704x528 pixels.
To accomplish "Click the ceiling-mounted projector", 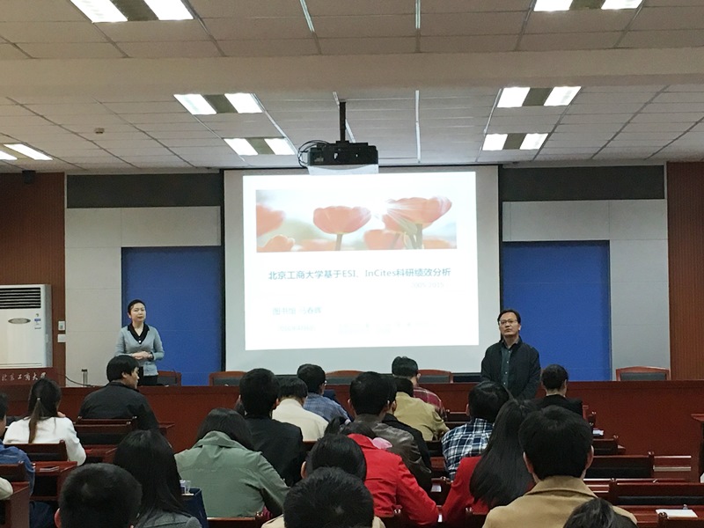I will click(x=342, y=156).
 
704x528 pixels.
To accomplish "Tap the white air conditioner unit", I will click(x=24, y=326).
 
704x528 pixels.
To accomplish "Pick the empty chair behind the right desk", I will click(x=642, y=373).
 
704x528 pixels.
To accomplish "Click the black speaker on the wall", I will click(x=29, y=177).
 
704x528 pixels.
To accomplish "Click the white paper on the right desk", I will click(x=676, y=513).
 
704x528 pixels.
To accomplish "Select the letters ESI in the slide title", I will click(x=365, y=274).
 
